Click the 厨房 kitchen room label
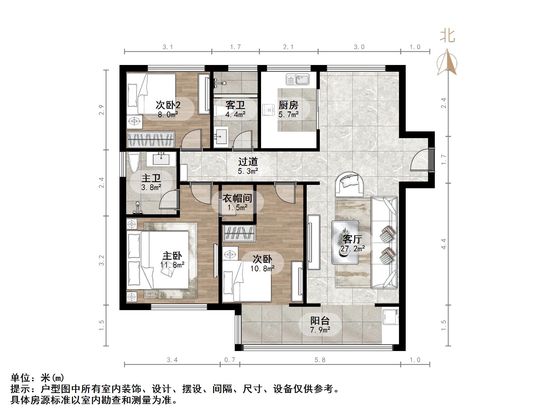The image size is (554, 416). tap(288, 105)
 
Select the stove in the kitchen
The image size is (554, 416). tap(269, 109)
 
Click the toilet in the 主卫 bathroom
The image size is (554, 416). tap(134, 162)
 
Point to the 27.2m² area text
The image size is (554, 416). tap(353, 248)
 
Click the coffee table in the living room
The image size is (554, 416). tap(345, 243)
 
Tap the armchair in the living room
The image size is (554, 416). tap(350, 184)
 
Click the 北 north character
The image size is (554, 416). tap(447, 36)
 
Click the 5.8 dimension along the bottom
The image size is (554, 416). tap(320, 360)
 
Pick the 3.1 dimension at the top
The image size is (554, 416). tap(168, 47)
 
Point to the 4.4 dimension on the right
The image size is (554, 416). tap(443, 244)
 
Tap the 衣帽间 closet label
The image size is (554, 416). tap(237, 198)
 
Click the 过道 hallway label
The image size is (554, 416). tap(248, 162)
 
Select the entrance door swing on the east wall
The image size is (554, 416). tap(420, 161)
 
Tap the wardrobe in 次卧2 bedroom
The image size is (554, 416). tap(151, 139)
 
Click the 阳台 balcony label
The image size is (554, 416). tap(320, 321)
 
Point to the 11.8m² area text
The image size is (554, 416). tap(172, 265)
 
